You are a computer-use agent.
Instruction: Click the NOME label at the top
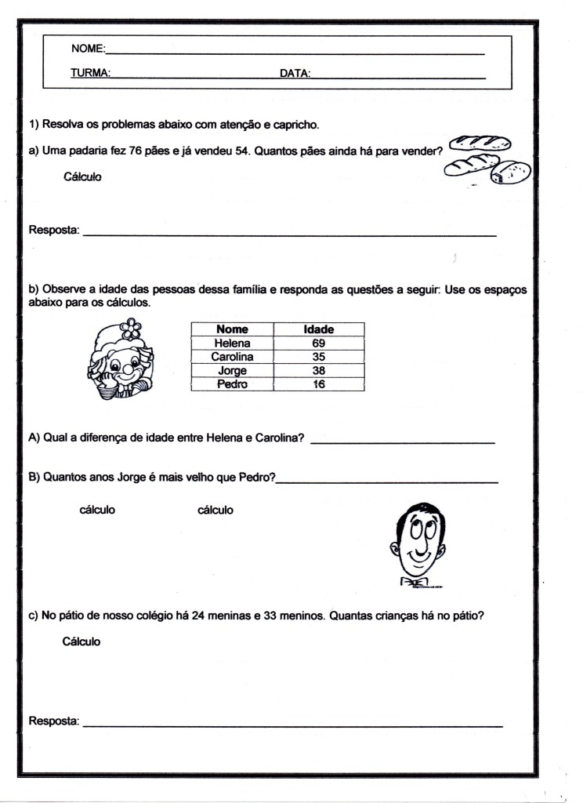point(87,49)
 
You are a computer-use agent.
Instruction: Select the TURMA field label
point(89,74)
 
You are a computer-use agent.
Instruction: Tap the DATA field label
point(295,74)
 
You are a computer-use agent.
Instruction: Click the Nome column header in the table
point(232,329)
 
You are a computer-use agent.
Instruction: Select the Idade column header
point(318,329)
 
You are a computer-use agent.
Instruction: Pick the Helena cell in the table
point(232,343)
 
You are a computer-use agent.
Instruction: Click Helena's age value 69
point(318,343)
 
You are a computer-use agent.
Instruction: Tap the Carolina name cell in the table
point(232,356)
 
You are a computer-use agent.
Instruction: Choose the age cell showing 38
point(318,370)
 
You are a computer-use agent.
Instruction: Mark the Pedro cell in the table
point(232,383)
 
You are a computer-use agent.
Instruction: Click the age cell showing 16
point(318,383)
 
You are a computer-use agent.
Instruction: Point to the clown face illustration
point(121,361)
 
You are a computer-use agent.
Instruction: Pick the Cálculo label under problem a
point(83,176)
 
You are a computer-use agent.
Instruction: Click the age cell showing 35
point(318,356)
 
